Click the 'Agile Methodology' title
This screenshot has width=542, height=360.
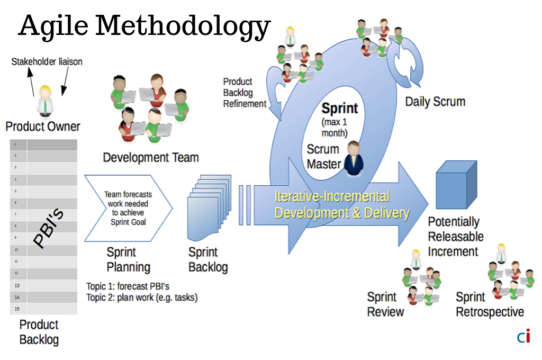coord(144,25)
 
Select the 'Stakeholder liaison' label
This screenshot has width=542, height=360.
coord(47,62)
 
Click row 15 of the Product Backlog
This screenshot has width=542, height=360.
coord(44,308)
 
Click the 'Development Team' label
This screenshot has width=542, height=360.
coord(151,157)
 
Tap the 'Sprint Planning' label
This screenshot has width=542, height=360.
coord(128,259)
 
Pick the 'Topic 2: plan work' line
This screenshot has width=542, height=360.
coord(142,298)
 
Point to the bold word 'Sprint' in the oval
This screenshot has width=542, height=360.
coord(339,109)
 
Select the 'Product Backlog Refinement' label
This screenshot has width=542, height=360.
coord(245,93)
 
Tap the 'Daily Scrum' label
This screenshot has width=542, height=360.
coord(435,102)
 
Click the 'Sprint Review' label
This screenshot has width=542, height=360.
coord(385,304)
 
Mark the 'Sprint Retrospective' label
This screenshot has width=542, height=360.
coord(490,304)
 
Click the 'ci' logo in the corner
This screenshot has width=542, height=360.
coord(523,336)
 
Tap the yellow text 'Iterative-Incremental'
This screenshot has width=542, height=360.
coord(332,197)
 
